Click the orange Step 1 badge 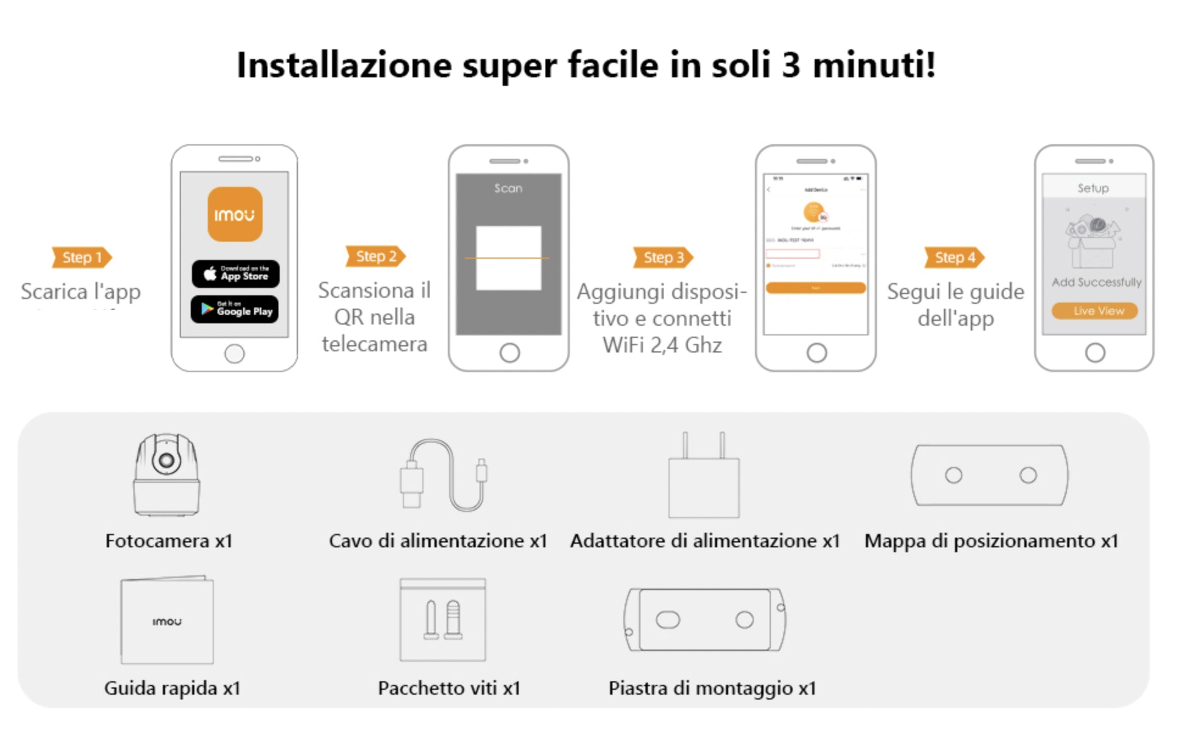[x=82, y=258]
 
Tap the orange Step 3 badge [x=663, y=258]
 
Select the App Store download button [x=236, y=274]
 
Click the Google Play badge [x=235, y=309]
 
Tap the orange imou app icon [x=235, y=214]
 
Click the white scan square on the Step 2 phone [x=508, y=258]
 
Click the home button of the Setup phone [x=1094, y=353]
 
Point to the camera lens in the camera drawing [x=166, y=461]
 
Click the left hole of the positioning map [x=953, y=475]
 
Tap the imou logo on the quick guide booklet [x=167, y=622]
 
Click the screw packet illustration [x=443, y=620]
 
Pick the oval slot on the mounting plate [x=668, y=620]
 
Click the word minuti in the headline [x=873, y=65]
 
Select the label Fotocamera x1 [x=169, y=541]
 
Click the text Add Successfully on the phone [x=1096, y=282]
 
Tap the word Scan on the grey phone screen [x=508, y=188]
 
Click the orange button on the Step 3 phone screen [x=815, y=287]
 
